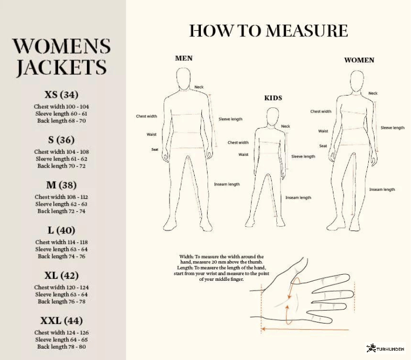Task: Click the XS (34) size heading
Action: point(61,95)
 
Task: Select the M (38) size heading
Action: point(61,185)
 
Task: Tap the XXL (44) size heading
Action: point(61,320)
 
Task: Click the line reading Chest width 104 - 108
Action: point(61,152)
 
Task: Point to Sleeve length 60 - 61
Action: point(61,114)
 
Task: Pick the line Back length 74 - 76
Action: point(61,256)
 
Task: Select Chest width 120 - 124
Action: point(61,287)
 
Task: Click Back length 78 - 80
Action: point(61,346)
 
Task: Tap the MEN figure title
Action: point(184,58)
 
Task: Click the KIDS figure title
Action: point(273,98)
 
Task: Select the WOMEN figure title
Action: point(359,60)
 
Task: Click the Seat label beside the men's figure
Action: point(155,150)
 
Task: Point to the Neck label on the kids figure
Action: point(286,126)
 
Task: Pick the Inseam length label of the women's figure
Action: point(382,189)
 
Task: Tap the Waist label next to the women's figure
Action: point(323,131)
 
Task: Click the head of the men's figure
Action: point(183,79)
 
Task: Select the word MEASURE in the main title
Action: point(307,31)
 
